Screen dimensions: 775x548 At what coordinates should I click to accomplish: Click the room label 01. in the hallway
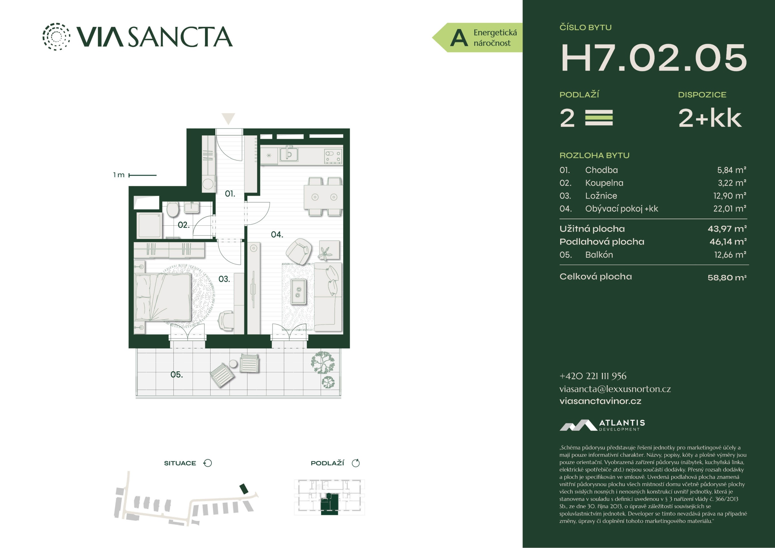[x=230, y=194]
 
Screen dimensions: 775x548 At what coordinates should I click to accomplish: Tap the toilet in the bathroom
[x=173, y=209]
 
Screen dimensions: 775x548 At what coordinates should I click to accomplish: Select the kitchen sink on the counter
[x=289, y=154]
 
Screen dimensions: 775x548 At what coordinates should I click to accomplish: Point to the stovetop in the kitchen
[x=333, y=156]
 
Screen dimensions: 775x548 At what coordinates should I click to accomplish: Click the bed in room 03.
[x=163, y=297]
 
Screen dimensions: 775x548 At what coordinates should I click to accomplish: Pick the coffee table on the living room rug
[x=298, y=292]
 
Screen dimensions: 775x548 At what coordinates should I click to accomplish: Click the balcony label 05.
[x=177, y=375]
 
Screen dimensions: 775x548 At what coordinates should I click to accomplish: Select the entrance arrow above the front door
[x=228, y=119]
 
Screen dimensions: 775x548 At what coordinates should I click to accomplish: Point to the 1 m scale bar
[x=142, y=175]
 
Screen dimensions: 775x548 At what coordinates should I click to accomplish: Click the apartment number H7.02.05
[x=654, y=58]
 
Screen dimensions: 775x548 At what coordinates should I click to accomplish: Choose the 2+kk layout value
[x=710, y=118]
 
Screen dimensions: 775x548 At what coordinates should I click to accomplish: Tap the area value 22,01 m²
[x=730, y=209]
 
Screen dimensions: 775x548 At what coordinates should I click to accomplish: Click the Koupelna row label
[x=604, y=183]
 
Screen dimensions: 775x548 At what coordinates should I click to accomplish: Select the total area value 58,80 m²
[x=727, y=277]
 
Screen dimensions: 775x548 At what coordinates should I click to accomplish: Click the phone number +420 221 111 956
[x=593, y=376]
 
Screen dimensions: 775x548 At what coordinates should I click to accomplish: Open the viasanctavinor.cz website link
[x=600, y=401]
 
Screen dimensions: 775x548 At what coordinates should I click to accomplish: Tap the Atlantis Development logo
[x=602, y=425]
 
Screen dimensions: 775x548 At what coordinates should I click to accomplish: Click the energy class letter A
[x=459, y=38]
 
